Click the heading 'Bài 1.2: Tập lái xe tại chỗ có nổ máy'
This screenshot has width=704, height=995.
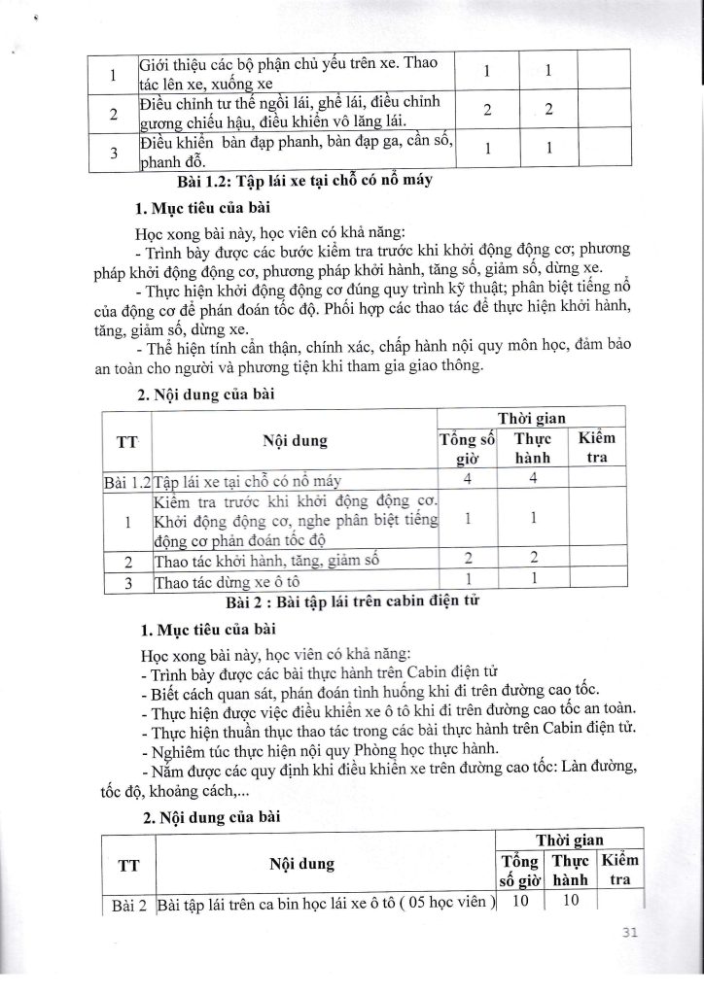click(299, 182)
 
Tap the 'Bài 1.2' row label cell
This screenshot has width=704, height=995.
click(127, 480)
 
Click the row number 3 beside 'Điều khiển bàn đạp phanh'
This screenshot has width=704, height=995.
click(115, 153)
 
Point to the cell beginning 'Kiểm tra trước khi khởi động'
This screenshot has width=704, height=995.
click(295, 520)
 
